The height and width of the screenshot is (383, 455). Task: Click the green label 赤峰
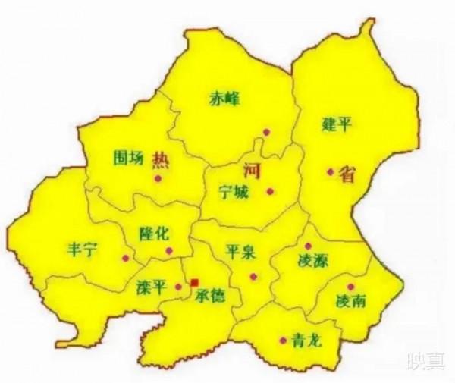(224, 99)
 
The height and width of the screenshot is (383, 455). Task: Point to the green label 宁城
(232, 191)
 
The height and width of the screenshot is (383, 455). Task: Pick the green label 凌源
(311, 262)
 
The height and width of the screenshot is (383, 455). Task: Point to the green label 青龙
(306, 341)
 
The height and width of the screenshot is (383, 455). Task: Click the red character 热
(161, 159)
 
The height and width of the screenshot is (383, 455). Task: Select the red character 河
(252, 171)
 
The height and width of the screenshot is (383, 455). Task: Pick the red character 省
(347, 174)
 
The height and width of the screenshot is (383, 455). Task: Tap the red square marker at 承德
(194, 282)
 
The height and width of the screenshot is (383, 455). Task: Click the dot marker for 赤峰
(266, 132)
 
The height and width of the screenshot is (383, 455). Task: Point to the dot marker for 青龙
(282, 339)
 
